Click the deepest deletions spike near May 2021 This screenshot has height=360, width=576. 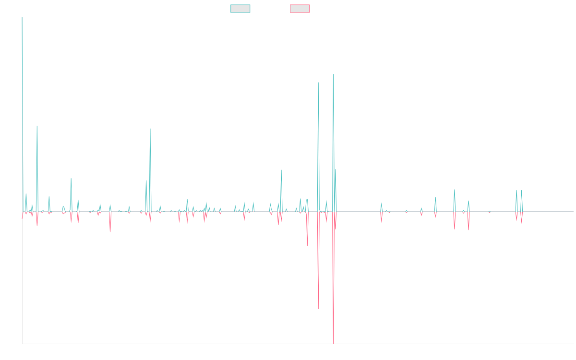333,342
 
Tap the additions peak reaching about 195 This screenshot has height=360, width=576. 333,75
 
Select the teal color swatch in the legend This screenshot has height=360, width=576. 240,9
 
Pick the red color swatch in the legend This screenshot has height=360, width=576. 300,9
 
